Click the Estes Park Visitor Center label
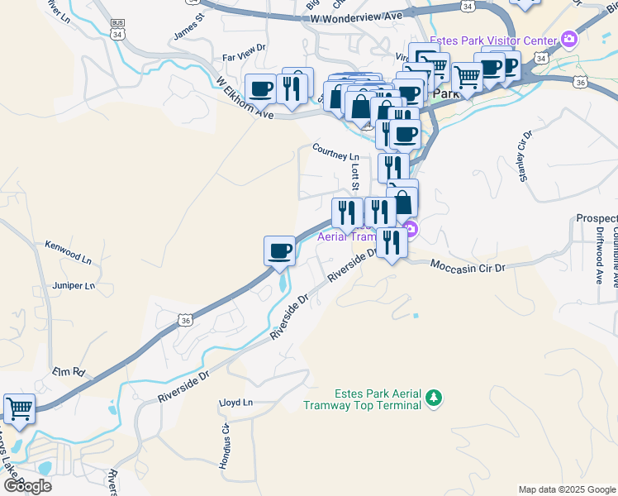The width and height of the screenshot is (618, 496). [x=499, y=39]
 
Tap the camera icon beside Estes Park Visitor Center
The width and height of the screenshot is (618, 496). [x=568, y=39]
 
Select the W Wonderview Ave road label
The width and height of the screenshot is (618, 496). [x=358, y=16]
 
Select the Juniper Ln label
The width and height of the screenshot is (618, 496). [x=74, y=286]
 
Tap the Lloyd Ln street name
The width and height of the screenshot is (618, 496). [x=235, y=403]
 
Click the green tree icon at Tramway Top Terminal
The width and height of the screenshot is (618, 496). [x=434, y=399]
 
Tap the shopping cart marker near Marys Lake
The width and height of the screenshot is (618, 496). [x=19, y=408]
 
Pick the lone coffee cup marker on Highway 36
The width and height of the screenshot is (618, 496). [x=279, y=250]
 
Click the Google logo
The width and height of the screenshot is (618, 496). [x=26, y=485]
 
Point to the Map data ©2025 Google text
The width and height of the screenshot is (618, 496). [x=566, y=489]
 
